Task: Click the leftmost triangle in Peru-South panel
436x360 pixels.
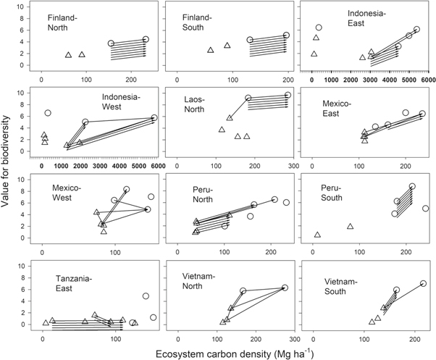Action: [317, 235]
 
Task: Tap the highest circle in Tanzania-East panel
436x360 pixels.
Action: [146, 296]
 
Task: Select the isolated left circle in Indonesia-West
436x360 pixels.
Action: [48, 113]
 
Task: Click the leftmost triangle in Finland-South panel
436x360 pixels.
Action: [211, 50]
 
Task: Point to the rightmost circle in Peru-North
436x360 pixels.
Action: [286, 203]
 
